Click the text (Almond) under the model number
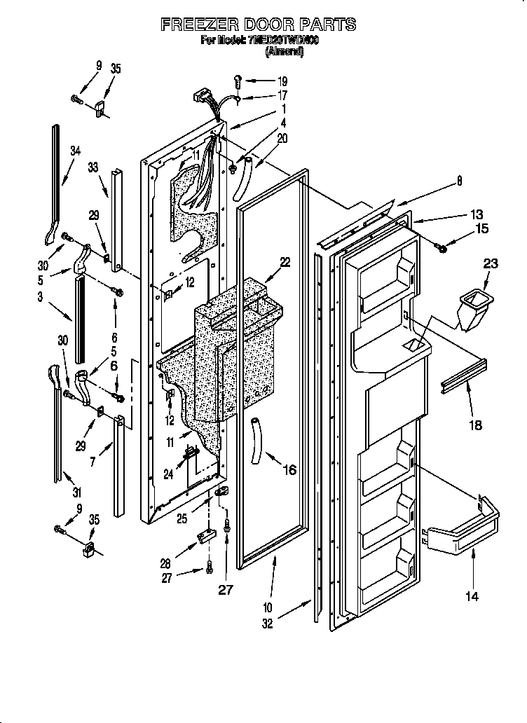click(284, 52)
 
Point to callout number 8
click(459, 180)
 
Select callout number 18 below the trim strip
click(476, 425)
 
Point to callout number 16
click(289, 470)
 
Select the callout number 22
click(285, 262)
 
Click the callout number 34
click(75, 150)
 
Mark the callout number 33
click(93, 167)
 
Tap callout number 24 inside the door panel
click(169, 474)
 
